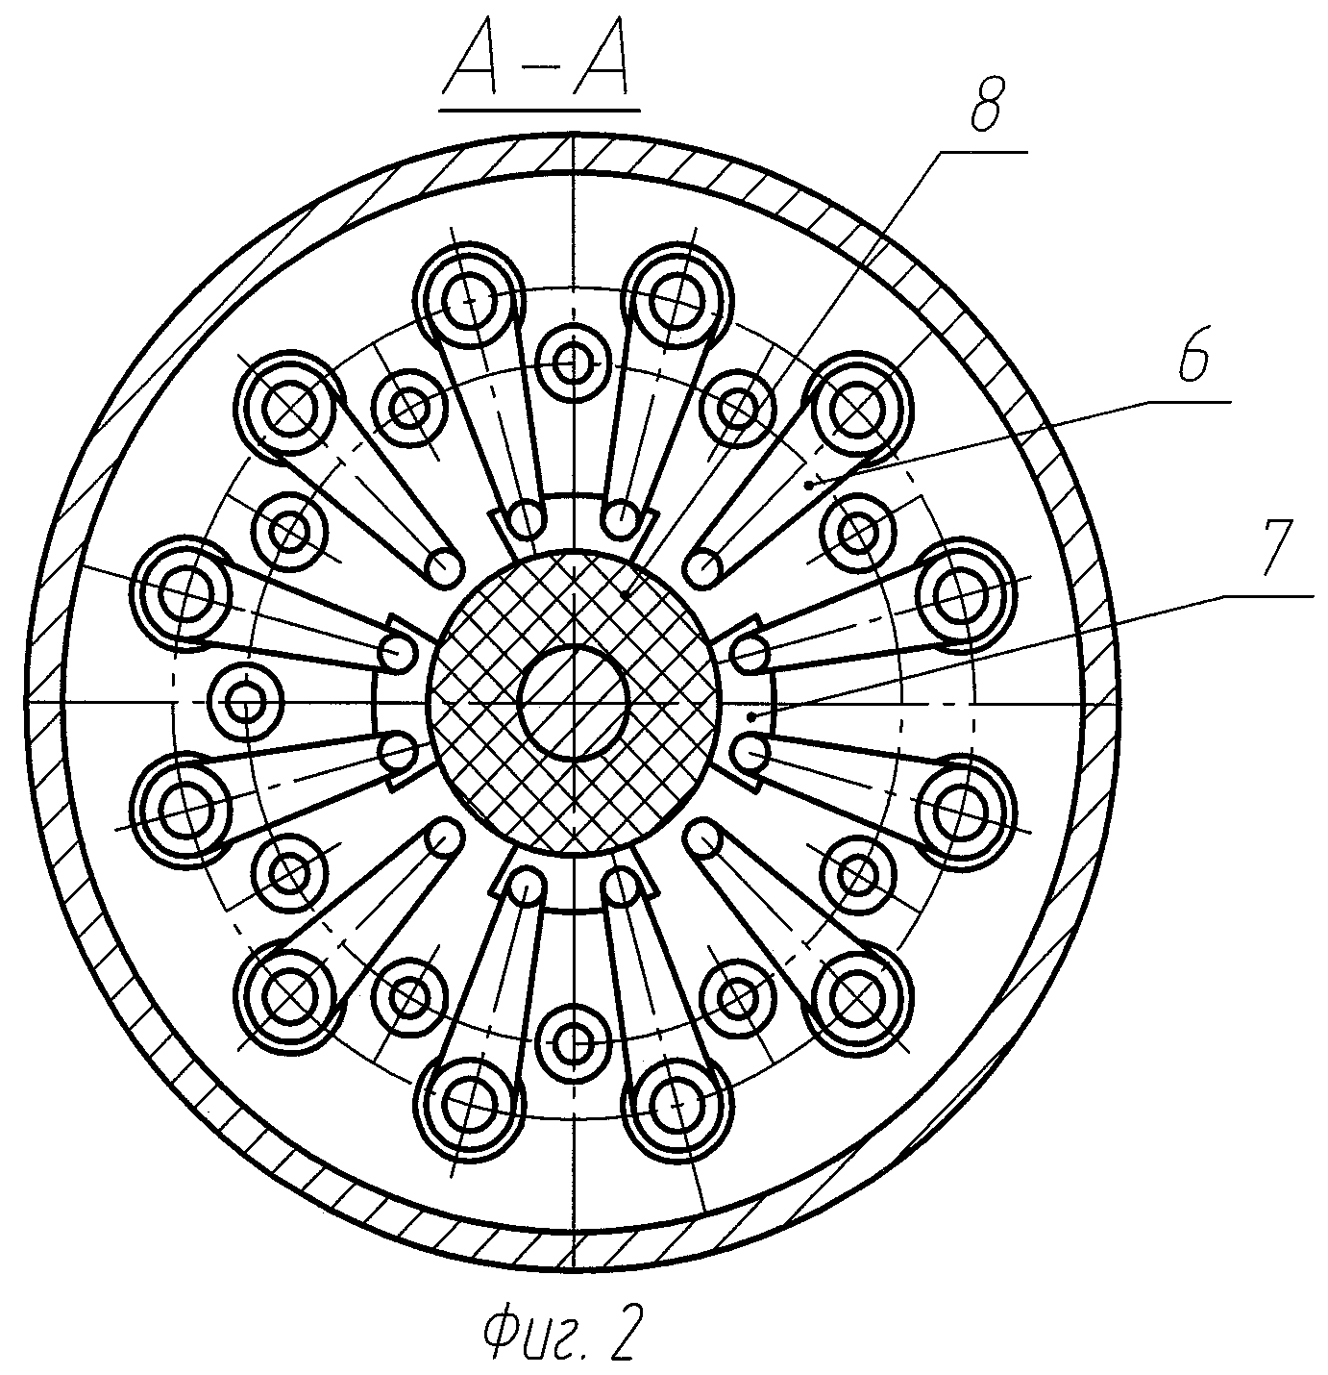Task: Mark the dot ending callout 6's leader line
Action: pyautogui.click(x=809, y=487)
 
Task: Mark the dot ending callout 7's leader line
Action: pyautogui.click(x=752, y=716)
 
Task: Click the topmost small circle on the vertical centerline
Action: pyautogui.click(x=574, y=364)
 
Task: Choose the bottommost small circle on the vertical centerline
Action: pyautogui.click(x=574, y=1041)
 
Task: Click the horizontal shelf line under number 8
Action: pyautogui.click(x=983, y=152)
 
